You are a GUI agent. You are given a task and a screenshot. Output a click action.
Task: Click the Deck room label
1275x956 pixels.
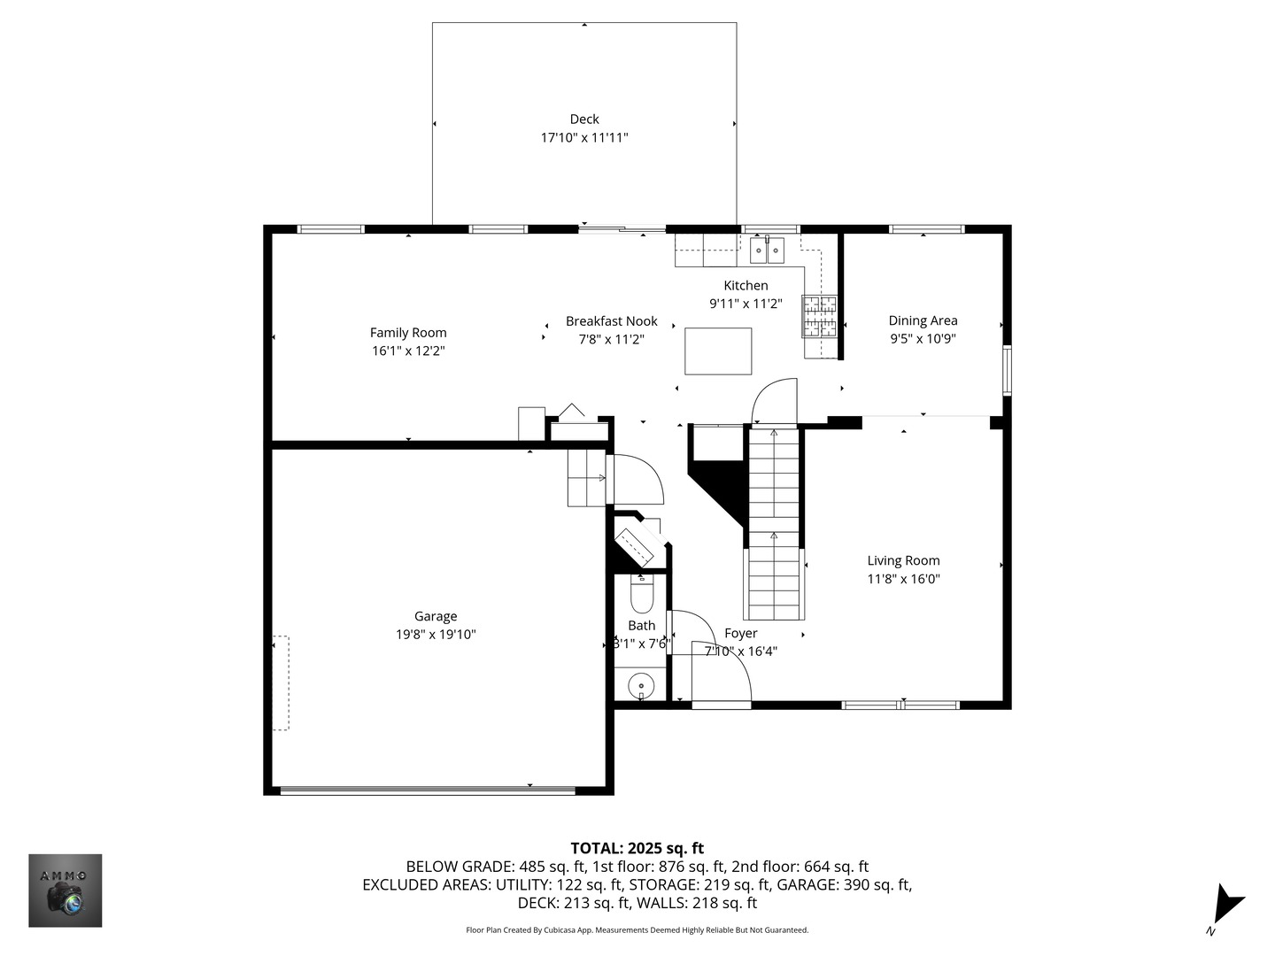tap(584, 119)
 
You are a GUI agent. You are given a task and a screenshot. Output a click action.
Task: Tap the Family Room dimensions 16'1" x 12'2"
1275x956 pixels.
tap(408, 351)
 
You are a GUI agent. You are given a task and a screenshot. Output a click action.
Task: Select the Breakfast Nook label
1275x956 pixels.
tap(612, 321)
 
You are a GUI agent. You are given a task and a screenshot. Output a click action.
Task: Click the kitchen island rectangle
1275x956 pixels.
tap(718, 351)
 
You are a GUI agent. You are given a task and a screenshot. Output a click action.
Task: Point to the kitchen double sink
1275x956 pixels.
tap(767, 251)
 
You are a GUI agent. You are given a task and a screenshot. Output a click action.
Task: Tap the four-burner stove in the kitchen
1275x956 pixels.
tap(820, 317)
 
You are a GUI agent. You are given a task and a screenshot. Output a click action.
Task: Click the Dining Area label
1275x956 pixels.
tap(923, 320)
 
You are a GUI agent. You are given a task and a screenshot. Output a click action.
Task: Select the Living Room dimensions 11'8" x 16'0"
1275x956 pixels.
tap(903, 579)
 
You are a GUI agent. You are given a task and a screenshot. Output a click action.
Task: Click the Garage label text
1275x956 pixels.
tap(436, 616)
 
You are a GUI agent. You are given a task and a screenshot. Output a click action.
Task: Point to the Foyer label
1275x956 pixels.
tap(740, 633)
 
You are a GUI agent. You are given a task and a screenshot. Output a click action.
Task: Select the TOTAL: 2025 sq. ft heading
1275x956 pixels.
tap(637, 848)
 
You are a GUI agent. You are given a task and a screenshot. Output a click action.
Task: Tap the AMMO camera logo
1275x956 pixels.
tap(66, 890)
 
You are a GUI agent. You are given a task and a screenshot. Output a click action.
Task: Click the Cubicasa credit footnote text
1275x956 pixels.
tap(637, 930)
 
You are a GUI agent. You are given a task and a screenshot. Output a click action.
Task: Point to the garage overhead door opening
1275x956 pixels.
tap(428, 790)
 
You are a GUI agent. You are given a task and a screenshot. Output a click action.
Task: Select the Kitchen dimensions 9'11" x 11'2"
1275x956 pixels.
tap(746, 304)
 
